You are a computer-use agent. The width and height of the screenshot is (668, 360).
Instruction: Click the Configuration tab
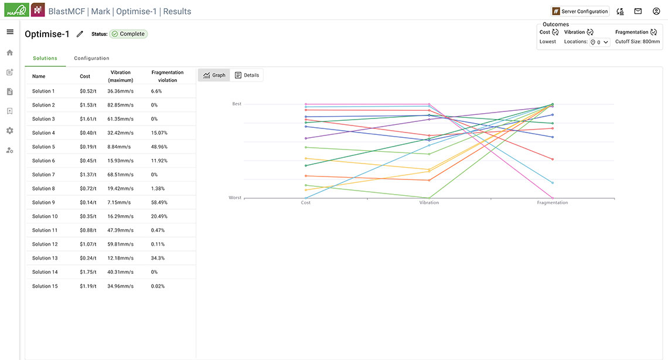coord(91,59)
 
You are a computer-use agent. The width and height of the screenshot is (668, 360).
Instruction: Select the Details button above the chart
coord(247,76)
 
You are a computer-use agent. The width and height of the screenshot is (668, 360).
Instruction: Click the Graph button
coord(214,76)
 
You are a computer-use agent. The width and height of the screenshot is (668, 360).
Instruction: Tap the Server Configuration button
coord(580,11)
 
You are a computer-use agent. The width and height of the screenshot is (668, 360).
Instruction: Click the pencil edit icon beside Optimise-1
coord(80,34)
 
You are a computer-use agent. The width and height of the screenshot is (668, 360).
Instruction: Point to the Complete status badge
coord(128,34)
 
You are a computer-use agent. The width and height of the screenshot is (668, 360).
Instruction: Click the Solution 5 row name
coord(43,147)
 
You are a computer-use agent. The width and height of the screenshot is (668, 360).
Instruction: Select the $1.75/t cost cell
coord(87,272)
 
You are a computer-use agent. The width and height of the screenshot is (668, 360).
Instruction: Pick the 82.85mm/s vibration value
coord(120,105)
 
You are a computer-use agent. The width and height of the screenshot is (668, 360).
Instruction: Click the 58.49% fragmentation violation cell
coord(159,202)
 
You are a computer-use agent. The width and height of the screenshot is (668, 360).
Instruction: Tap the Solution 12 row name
coord(45,244)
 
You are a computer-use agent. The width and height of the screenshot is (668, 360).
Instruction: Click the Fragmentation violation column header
coord(167,76)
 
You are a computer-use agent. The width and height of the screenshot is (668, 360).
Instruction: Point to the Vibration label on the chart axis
coord(429,203)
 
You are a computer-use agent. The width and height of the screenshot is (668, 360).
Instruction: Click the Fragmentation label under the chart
coord(552,203)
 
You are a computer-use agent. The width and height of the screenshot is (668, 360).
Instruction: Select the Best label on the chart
coord(236,104)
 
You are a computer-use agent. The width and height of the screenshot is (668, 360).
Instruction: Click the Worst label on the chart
coord(235,198)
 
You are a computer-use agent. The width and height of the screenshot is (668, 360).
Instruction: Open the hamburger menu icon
coord(10,32)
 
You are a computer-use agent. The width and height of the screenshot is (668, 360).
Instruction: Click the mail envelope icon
coord(638,11)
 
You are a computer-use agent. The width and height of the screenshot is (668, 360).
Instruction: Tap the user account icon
coord(656,11)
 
